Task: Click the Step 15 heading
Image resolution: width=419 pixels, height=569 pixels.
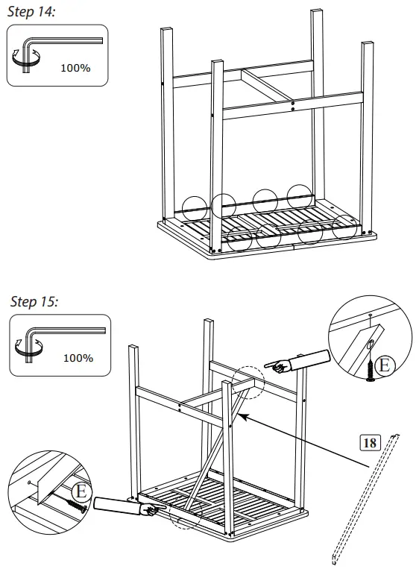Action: coord(34,302)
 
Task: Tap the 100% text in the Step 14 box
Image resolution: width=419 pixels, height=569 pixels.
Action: coord(75,68)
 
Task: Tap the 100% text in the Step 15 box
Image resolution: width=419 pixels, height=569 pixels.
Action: coord(78,358)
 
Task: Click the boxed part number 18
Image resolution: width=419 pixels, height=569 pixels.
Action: coord(368,442)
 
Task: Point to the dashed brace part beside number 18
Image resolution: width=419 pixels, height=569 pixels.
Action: coord(366,496)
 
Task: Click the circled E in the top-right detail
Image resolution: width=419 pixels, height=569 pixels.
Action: coord(383,365)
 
